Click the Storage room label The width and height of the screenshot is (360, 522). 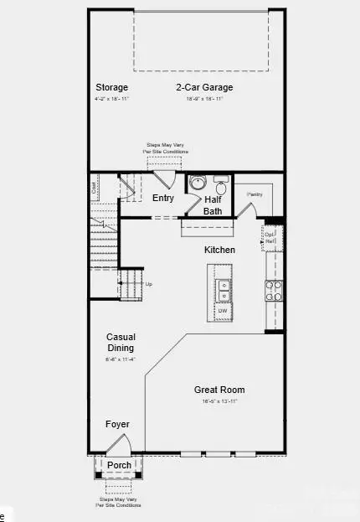point(111,87)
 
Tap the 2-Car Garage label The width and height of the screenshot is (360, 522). point(204,87)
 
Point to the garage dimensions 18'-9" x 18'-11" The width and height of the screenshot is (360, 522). point(204,99)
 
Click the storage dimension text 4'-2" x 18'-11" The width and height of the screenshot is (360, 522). point(111,99)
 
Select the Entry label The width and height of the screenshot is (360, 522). point(163,199)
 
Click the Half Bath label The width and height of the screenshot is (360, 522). point(212,204)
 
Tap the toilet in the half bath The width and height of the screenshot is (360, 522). point(221,183)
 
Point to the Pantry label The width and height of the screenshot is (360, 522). point(255,194)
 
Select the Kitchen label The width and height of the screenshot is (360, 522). point(219,250)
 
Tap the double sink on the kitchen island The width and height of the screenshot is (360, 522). point(224,290)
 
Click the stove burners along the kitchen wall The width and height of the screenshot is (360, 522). point(274,290)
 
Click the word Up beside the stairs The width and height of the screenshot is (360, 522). point(149,284)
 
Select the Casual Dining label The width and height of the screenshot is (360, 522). point(121,342)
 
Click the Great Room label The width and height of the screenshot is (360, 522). point(219,390)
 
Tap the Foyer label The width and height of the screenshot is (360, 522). point(117,425)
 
